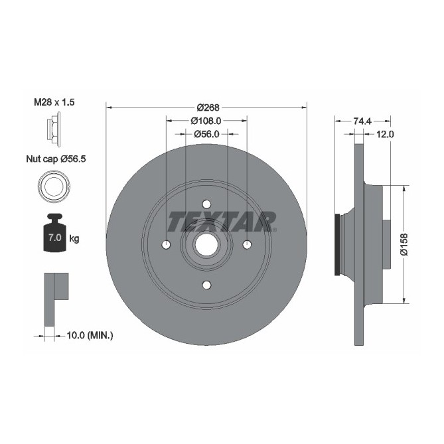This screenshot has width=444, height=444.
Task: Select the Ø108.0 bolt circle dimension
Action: pos(206,121)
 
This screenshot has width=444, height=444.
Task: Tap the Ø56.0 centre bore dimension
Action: pos(206,133)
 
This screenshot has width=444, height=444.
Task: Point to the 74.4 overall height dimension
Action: pos(362,121)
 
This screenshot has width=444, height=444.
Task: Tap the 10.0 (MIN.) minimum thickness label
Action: pos(91,336)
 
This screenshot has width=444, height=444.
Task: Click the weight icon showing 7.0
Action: pos(54,234)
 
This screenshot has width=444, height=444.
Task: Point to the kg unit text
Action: pos(74,238)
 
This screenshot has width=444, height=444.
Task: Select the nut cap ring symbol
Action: pos(54,186)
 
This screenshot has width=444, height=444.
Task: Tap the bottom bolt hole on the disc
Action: pos(206,285)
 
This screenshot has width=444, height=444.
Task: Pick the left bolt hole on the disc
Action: pos(165,245)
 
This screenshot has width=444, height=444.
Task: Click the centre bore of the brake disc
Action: pos(206,245)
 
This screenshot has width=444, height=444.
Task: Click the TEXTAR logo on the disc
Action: pos(222,220)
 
